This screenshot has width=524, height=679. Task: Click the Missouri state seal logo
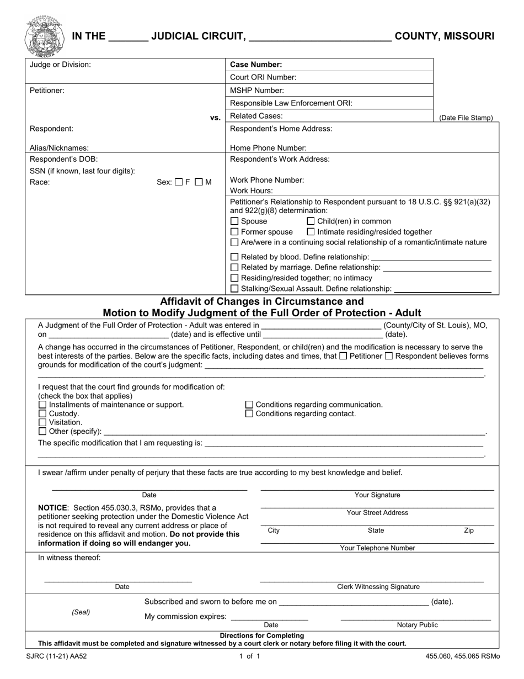(x=44, y=37)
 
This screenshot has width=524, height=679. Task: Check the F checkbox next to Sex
(x=178, y=182)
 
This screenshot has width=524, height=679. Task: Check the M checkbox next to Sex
(x=199, y=182)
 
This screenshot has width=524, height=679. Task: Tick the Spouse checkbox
(x=234, y=221)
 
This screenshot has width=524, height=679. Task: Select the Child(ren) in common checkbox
(x=311, y=221)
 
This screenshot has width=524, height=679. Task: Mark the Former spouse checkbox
(x=234, y=232)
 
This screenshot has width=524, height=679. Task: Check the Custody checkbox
(x=42, y=413)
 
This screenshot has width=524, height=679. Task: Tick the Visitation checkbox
(x=42, y=422)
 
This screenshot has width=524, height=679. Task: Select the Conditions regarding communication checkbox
(x=249, y=405)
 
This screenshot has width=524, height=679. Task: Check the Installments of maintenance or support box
(x=42, y=405)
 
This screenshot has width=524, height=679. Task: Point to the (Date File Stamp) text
(x=466, y=118)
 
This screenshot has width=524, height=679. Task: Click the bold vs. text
(x=215, y=118)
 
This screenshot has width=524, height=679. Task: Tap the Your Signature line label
(x=377, y=495)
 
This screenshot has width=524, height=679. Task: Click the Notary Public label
(x=417, y=625)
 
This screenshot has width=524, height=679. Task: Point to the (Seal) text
(x=81, y=612)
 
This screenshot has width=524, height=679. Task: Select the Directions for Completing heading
(x=262, y=635)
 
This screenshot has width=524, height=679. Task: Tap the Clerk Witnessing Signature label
(x=378, y=587)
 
